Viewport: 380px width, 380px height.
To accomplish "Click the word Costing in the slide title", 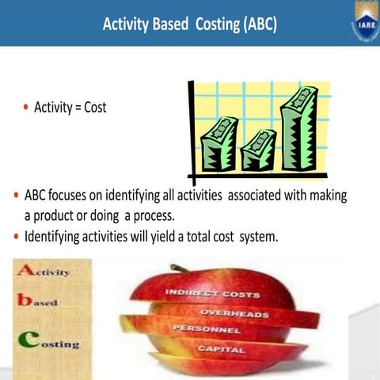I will (208, 25).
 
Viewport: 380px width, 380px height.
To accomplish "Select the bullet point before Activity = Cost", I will (25, 107).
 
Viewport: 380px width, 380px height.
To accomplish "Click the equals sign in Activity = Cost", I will (78, 107).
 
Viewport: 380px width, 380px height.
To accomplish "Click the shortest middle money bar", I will (257, 150).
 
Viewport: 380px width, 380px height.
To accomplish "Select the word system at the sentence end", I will (257, 236).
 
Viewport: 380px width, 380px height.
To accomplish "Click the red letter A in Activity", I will (25, 271).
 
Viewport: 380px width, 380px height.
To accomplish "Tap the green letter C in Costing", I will (25, 341).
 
